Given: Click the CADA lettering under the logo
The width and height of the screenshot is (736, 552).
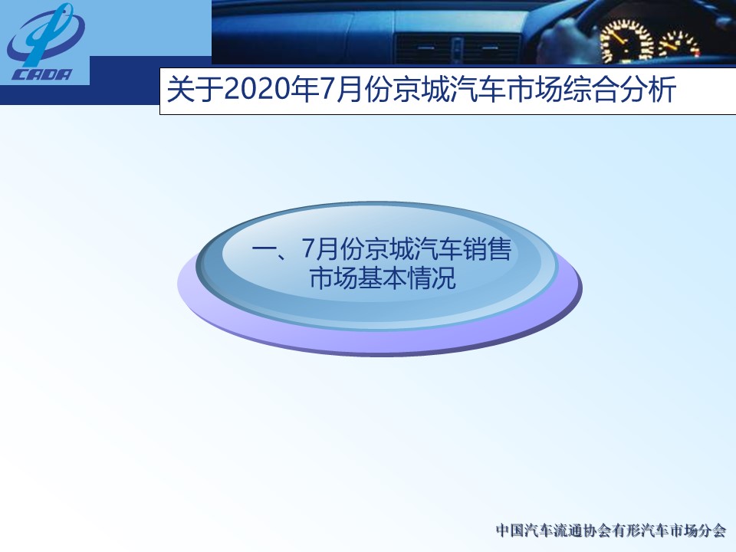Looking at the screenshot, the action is point(41,74).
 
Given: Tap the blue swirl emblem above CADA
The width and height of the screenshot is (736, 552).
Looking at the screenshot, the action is point(45,34).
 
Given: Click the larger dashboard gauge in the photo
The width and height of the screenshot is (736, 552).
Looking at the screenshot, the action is point(626,41).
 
